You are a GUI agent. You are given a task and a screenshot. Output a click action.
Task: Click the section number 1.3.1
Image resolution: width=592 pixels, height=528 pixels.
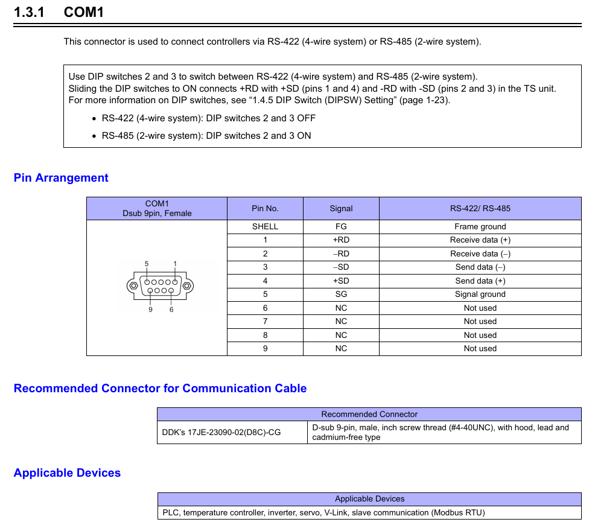29,12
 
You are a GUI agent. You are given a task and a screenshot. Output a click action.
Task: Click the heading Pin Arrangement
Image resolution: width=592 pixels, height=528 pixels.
61,178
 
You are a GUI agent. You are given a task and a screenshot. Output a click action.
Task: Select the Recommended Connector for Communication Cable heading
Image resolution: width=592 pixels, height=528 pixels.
160,389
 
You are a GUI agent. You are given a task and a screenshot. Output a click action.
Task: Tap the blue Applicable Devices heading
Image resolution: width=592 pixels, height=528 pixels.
67,473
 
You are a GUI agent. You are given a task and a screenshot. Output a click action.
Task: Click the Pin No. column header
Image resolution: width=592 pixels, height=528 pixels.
265,209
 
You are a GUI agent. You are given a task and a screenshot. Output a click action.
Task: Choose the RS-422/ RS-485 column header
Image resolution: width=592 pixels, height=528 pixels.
480,209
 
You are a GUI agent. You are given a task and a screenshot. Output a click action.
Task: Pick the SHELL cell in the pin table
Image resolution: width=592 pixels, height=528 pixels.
265,227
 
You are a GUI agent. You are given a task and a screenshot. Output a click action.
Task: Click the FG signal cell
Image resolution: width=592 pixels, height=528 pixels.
341,227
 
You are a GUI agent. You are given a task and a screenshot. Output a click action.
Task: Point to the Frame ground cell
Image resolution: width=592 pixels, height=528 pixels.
480,227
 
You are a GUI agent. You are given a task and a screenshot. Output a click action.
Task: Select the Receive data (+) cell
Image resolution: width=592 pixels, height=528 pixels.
480,240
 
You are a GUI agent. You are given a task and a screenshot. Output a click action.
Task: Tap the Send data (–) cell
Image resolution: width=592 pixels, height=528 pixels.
480,267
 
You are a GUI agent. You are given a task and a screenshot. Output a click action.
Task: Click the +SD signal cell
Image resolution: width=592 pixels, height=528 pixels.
341,281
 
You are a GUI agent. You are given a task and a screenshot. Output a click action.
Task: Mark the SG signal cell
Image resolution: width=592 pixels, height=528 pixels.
341,294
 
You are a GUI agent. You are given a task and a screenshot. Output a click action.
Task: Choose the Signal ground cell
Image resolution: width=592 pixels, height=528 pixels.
480,294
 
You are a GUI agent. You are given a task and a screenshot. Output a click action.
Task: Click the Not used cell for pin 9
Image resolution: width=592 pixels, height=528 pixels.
480,349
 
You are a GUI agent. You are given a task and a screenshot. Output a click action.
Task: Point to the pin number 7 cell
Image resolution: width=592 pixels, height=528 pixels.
265,322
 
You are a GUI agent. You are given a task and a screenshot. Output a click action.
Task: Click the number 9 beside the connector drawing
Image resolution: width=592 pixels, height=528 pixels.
150,310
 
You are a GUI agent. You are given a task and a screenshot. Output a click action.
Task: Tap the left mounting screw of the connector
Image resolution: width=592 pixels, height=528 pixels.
133,285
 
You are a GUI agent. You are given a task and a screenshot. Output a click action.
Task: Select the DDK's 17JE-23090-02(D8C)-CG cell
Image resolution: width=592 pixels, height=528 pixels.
221,432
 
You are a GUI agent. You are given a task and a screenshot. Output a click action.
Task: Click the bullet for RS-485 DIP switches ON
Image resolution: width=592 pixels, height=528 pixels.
94,136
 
